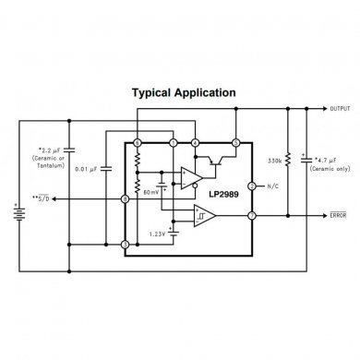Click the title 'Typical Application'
click(183, 93)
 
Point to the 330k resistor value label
click(275, 161)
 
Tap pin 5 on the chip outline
click(235, 143)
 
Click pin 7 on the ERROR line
click(251, 216)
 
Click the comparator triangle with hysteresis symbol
click(205, 216)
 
